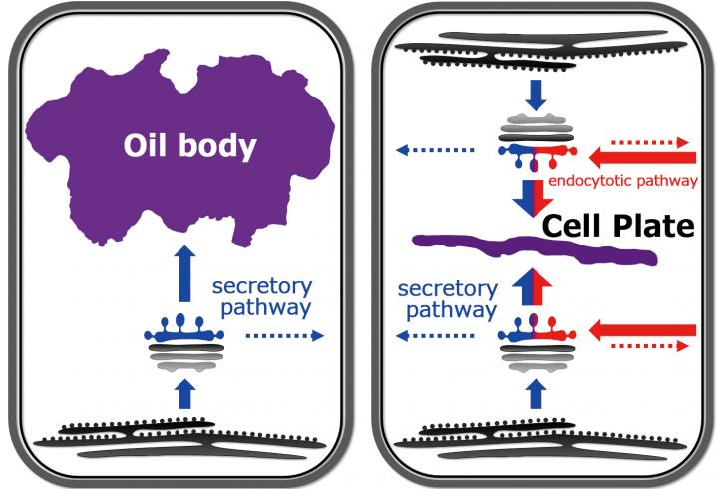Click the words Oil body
[188, 146]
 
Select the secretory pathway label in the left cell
[262, 297]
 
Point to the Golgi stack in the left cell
[182, 344]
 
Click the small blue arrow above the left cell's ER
[182, 397]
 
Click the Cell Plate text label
[617, 227]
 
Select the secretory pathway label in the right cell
[447, 299]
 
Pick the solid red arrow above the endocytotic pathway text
[641, 156]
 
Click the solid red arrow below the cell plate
[641, 329]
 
